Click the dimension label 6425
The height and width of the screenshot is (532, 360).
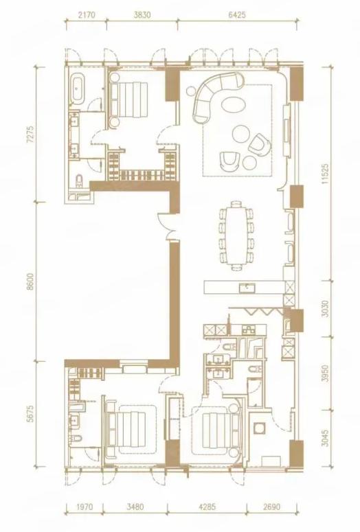click(236, 15)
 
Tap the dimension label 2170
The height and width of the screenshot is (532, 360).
click(86, 15)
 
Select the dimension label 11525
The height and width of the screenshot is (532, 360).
click(326, 174)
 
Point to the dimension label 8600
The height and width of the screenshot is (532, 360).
click(31, 281)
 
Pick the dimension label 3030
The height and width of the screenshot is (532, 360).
click(326, 309)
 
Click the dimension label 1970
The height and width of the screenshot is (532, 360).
click(84, 507)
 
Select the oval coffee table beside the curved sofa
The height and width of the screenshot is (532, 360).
click(233, 104)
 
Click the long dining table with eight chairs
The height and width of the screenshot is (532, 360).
click(236, 236)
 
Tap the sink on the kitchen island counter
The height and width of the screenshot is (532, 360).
click(248, 288)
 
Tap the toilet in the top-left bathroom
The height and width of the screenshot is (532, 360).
click(80, 181)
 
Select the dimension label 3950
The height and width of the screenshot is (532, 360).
click(326, 373)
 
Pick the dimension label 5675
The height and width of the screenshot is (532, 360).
click(31, 413)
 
